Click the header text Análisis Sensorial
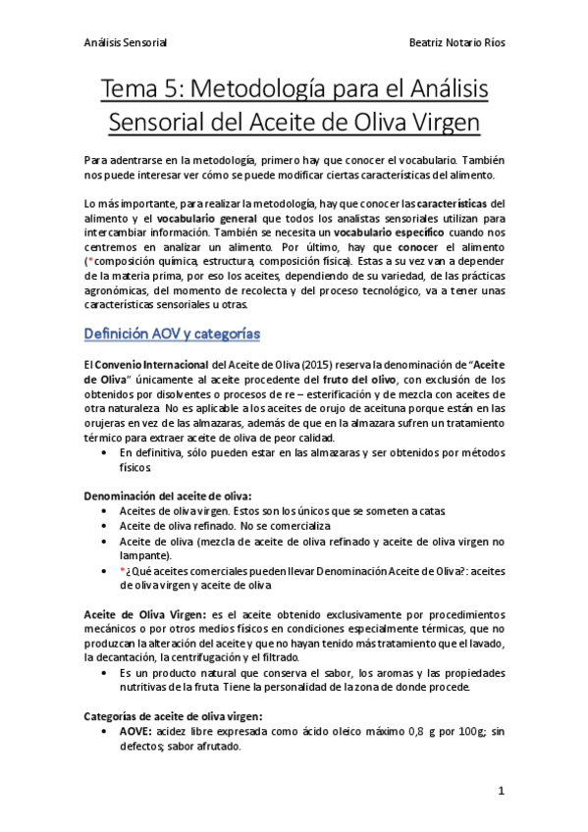pos(126,43)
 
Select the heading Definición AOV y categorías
pos(173,334)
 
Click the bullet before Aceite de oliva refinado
pos(105,526)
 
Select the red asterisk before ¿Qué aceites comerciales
pos(122,570)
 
